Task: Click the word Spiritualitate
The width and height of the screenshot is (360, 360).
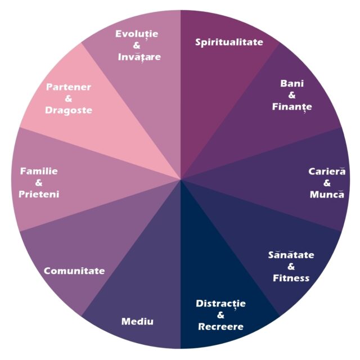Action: tap(229, 42)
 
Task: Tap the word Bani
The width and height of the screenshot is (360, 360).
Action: tap(292, 84)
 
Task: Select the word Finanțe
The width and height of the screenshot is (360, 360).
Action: tap(292, 106)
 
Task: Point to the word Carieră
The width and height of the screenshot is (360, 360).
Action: tap(327, 172)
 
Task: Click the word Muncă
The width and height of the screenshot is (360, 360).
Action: tap(327, 195)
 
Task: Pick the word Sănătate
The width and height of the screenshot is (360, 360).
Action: tap(291, 255)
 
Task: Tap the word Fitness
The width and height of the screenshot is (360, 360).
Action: tap(291, 278)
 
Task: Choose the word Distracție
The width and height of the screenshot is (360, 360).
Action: tap(221, 304)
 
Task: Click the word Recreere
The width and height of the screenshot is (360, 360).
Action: tap(221, 327)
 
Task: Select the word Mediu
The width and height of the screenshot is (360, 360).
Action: tap(138, 322)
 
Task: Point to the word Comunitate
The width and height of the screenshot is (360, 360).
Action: tap(74, 271)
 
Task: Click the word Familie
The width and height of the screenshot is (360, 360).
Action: tap(39, 171)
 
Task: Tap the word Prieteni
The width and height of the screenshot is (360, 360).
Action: tap(39, 194)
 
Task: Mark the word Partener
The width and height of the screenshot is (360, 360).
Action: tap(69, 87)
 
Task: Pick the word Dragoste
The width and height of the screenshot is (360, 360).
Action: tap(69, 110)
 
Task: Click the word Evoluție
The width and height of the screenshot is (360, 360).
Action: tap(137, 34)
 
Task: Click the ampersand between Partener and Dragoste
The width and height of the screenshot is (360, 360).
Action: tap(69, 98)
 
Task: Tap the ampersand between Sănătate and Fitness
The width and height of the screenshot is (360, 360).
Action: tap(291, 267)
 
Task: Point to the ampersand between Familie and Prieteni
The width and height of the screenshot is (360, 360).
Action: tap(39, 183)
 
